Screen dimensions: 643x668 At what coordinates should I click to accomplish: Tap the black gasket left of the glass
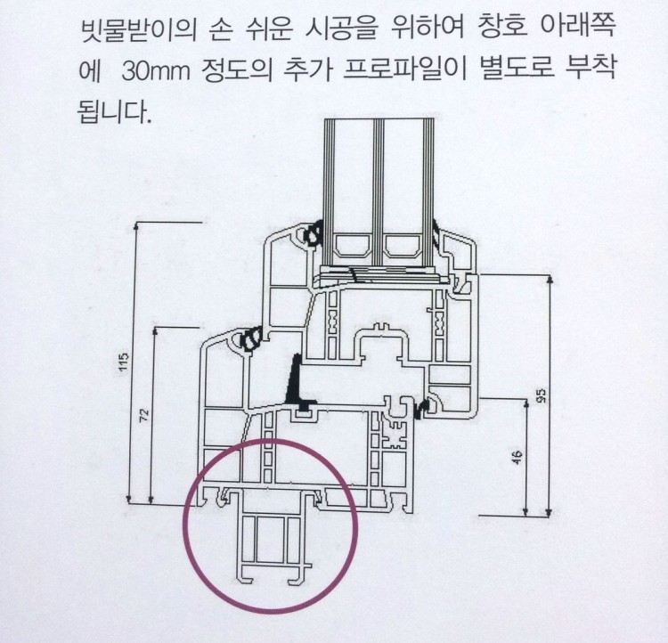tap(314, 237)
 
